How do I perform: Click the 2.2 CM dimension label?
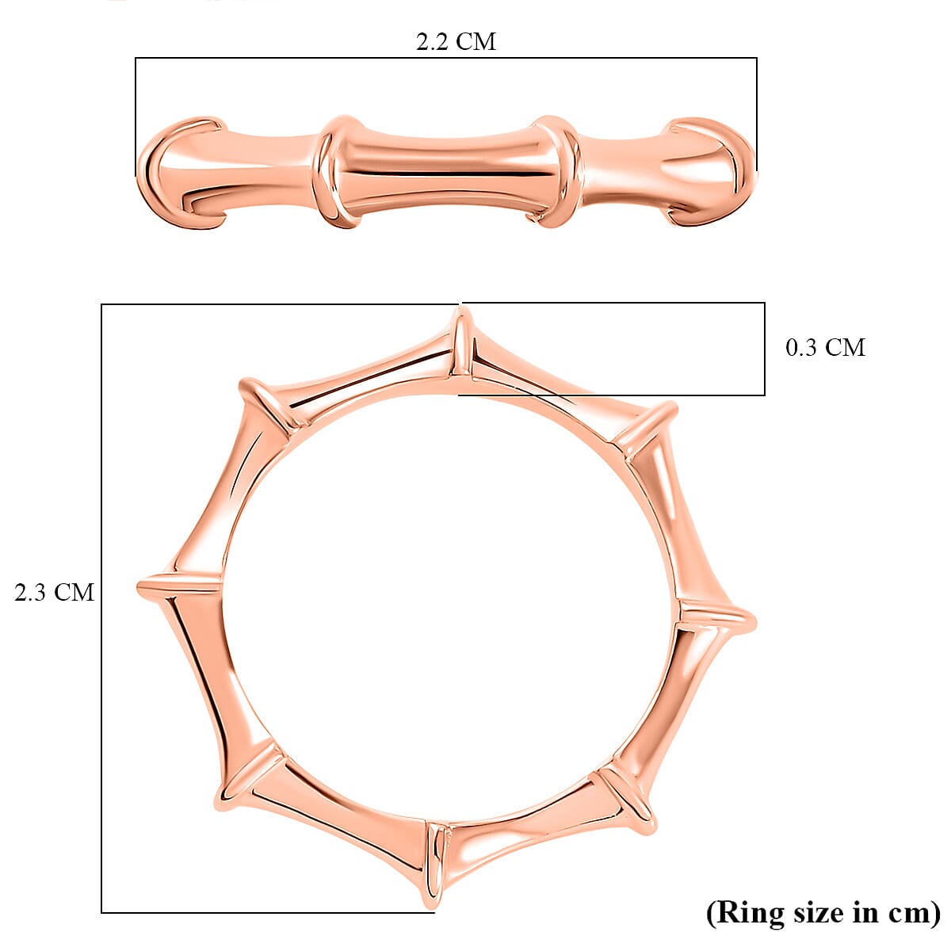[456, 41]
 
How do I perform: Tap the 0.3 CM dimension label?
[825, 347]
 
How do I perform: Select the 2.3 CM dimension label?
[54, 592]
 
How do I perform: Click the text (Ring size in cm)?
[823, 912]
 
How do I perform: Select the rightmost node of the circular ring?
[716, 616]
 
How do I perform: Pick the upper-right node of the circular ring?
[648, 429]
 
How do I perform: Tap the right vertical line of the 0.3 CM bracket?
[764, 349]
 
